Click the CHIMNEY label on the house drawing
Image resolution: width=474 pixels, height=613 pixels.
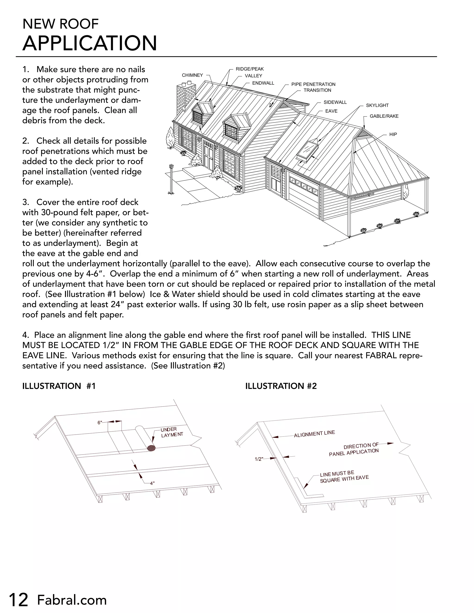click(192, 75)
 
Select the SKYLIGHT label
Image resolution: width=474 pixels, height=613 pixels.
click(377, 105)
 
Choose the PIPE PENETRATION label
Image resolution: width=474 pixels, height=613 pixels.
click(313, 84)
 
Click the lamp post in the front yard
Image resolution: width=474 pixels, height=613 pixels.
click(170, 180)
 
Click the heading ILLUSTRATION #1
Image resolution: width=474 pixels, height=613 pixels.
click(59, 386)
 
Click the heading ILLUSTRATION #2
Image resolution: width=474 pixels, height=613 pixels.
click(281, 386)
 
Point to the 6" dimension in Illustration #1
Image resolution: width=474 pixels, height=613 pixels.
click(100, 423)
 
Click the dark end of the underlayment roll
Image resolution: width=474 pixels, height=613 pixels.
click(151, 448)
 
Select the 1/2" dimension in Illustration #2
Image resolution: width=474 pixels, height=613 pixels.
click(259, 459)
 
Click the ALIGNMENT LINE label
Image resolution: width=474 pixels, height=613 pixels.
click(314, 434)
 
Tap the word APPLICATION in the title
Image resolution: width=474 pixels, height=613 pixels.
click(90, 43)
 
